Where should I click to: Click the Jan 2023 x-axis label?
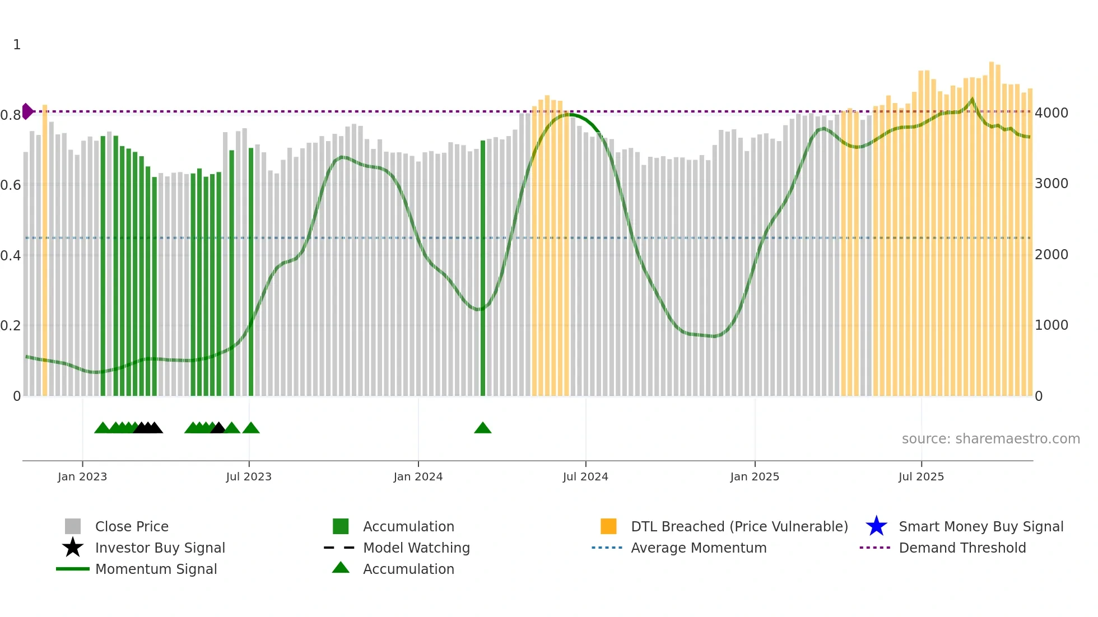coord(82,476)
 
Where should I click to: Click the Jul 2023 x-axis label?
coord(249,476)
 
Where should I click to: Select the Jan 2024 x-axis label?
coord(418,476)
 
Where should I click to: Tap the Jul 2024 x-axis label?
coord(585,476)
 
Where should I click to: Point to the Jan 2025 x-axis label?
coord(755,476)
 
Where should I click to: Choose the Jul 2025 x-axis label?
coord(921,476)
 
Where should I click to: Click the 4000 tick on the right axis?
coord(1052,113)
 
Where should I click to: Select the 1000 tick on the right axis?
coord(1052,325)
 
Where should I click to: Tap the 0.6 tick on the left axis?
coord(11,185)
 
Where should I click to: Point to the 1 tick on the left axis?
coord(17,45)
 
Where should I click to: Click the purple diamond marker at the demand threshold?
coord(27,111)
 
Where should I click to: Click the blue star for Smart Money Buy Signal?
coord(876,526)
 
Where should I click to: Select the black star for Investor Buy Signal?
coord(73,548)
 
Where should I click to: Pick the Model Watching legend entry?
coord(416,548)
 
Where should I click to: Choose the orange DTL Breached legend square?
coord(608,526)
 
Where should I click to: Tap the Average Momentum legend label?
coord(699,548)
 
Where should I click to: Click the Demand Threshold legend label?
coord(962,548)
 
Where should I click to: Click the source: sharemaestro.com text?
coord(990,439)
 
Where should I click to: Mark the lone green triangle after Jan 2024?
coord(482,428)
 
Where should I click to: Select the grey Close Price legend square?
coord(73,526)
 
